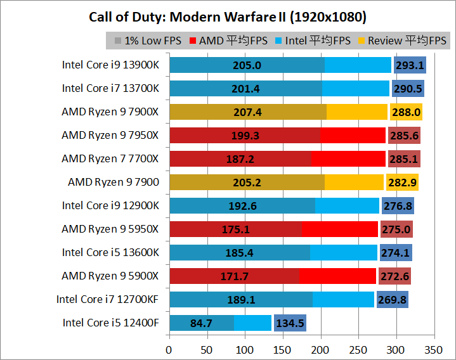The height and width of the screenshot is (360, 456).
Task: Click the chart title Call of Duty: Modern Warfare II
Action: coord(228,16)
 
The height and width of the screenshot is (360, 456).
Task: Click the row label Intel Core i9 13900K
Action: coord(110,65)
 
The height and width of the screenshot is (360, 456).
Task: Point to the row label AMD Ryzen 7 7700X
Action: coord(110,158)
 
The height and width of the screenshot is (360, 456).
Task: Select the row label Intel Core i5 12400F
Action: coord(110,323)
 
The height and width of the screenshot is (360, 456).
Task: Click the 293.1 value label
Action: coord(409,65)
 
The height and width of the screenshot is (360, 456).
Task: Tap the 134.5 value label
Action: coord(290,323)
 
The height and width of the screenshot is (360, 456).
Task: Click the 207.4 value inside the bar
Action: coord(247,112)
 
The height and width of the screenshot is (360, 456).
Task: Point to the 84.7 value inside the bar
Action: coord(201,323)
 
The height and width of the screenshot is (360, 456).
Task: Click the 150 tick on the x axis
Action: coord(282,349)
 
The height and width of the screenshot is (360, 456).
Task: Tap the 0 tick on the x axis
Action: coord(169,349)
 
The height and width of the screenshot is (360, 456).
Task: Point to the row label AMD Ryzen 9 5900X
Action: coord(110,276)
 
